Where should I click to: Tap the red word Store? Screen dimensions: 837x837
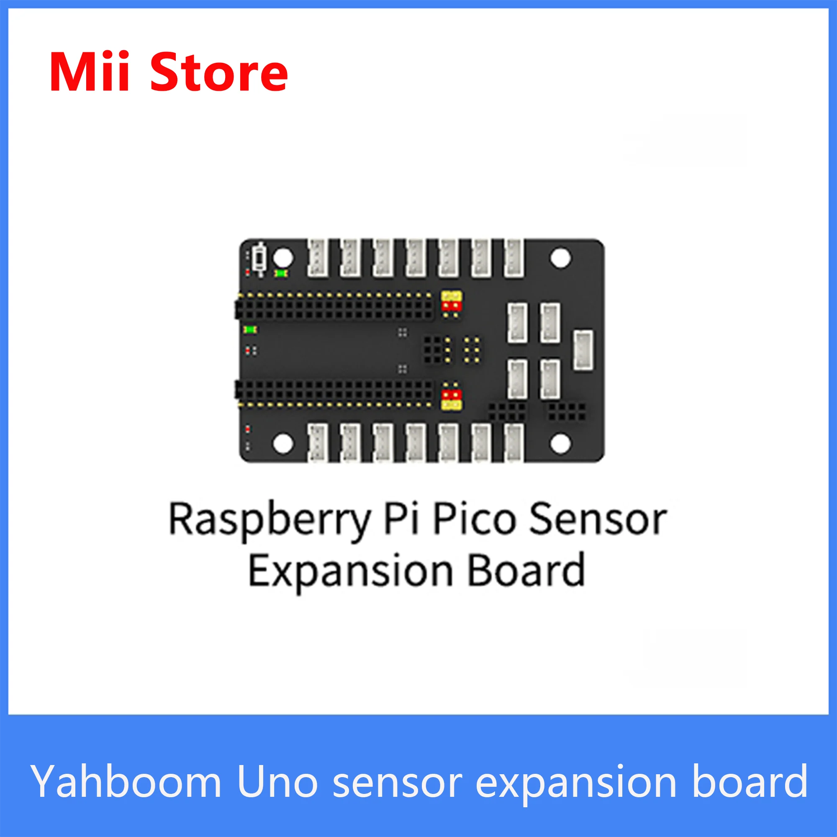(219, 73)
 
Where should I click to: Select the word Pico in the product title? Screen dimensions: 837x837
(475, 519)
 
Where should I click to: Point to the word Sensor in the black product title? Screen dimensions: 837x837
(598, 519)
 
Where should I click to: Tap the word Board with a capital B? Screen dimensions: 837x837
(527, 571)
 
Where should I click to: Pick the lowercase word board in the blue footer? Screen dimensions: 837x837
(750, 781)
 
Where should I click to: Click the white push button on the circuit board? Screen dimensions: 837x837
(260, 259)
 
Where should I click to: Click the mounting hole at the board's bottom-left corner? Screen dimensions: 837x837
(283, 444)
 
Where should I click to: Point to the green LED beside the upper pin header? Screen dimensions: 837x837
(250, 330)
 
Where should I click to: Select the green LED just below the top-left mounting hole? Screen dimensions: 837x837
(282, 273)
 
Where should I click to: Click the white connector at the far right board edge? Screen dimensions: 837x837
(583, 350)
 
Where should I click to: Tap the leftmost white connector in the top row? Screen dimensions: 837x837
(318, 258)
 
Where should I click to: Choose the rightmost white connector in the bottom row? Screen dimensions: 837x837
(514, 442)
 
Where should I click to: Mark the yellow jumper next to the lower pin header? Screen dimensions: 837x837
(452, 405)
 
